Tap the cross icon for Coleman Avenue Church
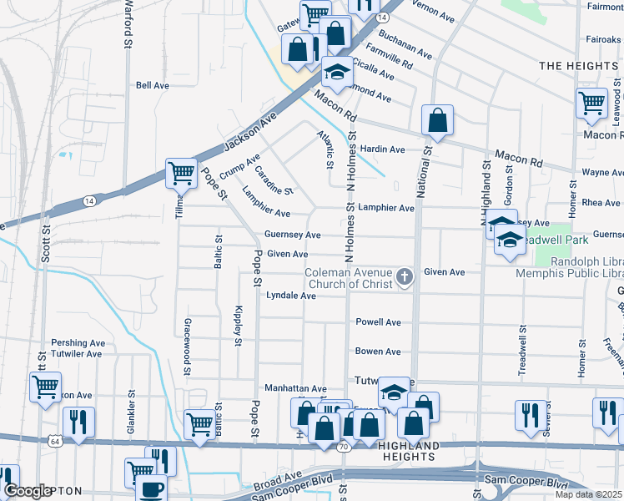(x=405, y=276)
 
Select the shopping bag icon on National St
(x=437, y=121)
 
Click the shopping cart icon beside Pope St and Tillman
(x=181, y=174)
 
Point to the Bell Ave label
(x=153, y=85)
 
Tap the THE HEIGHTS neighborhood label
(x=578, y=65)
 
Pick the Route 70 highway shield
(x=343, y=447)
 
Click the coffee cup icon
(x=151, y=489)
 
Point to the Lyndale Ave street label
(x=290, y=296)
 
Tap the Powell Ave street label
(x=378, y=322)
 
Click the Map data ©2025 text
(x=588, y=494)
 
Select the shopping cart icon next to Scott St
(x=45, y=387)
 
